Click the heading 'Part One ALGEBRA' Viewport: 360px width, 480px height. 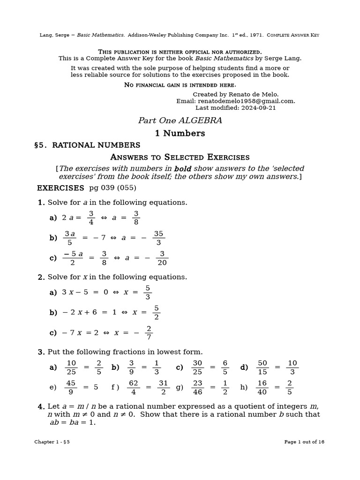pos(180,121)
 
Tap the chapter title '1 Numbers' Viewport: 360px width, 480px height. pos(180,134)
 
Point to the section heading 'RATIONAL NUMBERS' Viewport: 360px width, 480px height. pos(96,145)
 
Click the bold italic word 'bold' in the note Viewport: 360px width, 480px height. pos(183,169)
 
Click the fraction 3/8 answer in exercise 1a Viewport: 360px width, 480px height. pos(136,218)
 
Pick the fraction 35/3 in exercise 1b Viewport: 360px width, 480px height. pos(158,238)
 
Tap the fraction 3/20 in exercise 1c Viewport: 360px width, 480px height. pos(162,258)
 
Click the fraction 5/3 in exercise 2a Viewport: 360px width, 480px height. pos(148,292)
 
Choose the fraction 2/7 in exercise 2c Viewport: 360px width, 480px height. pos(149,333)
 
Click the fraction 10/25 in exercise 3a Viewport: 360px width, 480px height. pos(71,367)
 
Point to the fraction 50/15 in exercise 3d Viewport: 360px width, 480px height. pos(262,367)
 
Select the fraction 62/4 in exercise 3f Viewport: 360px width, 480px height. pos(134,387)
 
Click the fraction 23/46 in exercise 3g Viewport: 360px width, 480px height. pos(197,387)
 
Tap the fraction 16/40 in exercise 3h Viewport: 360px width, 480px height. pos(262,387)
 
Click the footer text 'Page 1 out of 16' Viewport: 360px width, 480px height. pos(304,442)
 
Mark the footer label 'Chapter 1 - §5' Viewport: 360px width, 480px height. pos(52,442)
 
